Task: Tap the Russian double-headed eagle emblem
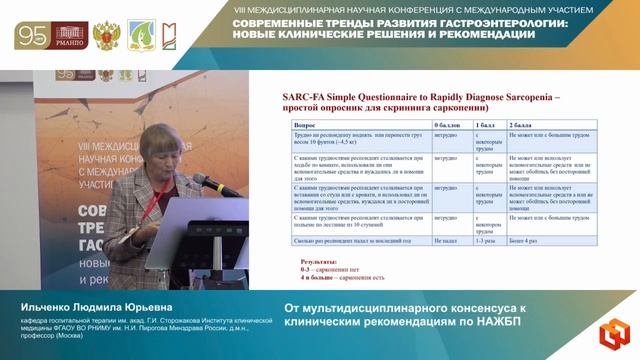point(103,36)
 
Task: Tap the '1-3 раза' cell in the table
point(485,241)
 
